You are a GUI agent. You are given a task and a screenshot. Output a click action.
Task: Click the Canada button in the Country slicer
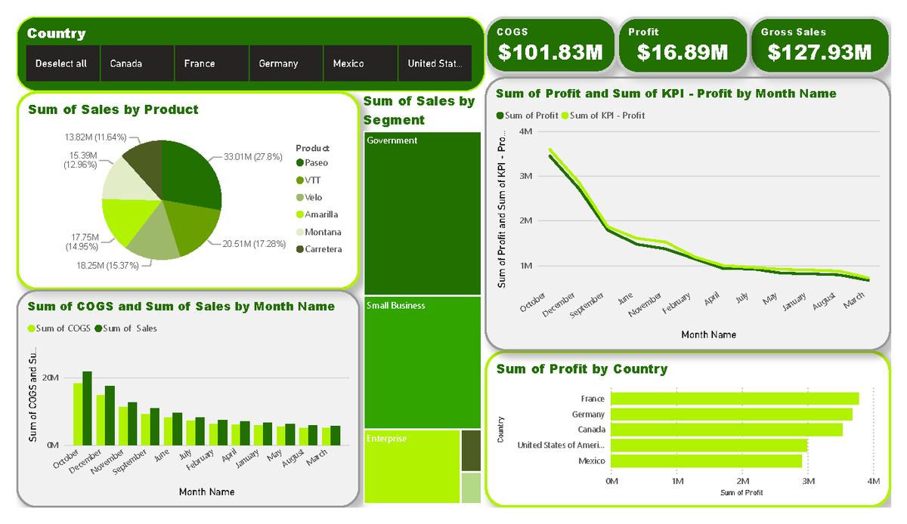point(137,63)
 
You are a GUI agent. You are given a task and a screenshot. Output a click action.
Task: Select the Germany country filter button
point(285,63)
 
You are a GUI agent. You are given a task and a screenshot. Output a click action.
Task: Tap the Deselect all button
point(63,63)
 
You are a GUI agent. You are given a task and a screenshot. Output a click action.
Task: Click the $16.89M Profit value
point(682,52)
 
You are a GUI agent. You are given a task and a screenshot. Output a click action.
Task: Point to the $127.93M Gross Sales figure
point(819,52)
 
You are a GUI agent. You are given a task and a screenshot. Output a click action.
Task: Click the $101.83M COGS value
point(550,52)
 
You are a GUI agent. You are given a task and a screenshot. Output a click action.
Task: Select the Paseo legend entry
point(316,162)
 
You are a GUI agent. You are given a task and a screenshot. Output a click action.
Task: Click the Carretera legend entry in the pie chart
point(323,249)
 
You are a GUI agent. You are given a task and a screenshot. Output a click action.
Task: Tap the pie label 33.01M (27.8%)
point(252,157)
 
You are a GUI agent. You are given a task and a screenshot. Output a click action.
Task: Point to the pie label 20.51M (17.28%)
point(253,244)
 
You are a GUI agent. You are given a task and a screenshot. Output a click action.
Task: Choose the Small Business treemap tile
point(422,362)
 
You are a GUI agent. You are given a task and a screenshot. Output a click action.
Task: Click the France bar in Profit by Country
point(734,399)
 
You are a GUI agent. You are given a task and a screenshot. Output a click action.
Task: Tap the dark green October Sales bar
point(87,408)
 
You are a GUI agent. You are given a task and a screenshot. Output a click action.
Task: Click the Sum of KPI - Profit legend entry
point(607,116)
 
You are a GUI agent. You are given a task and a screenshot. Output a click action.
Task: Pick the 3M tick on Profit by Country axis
point(808,481)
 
